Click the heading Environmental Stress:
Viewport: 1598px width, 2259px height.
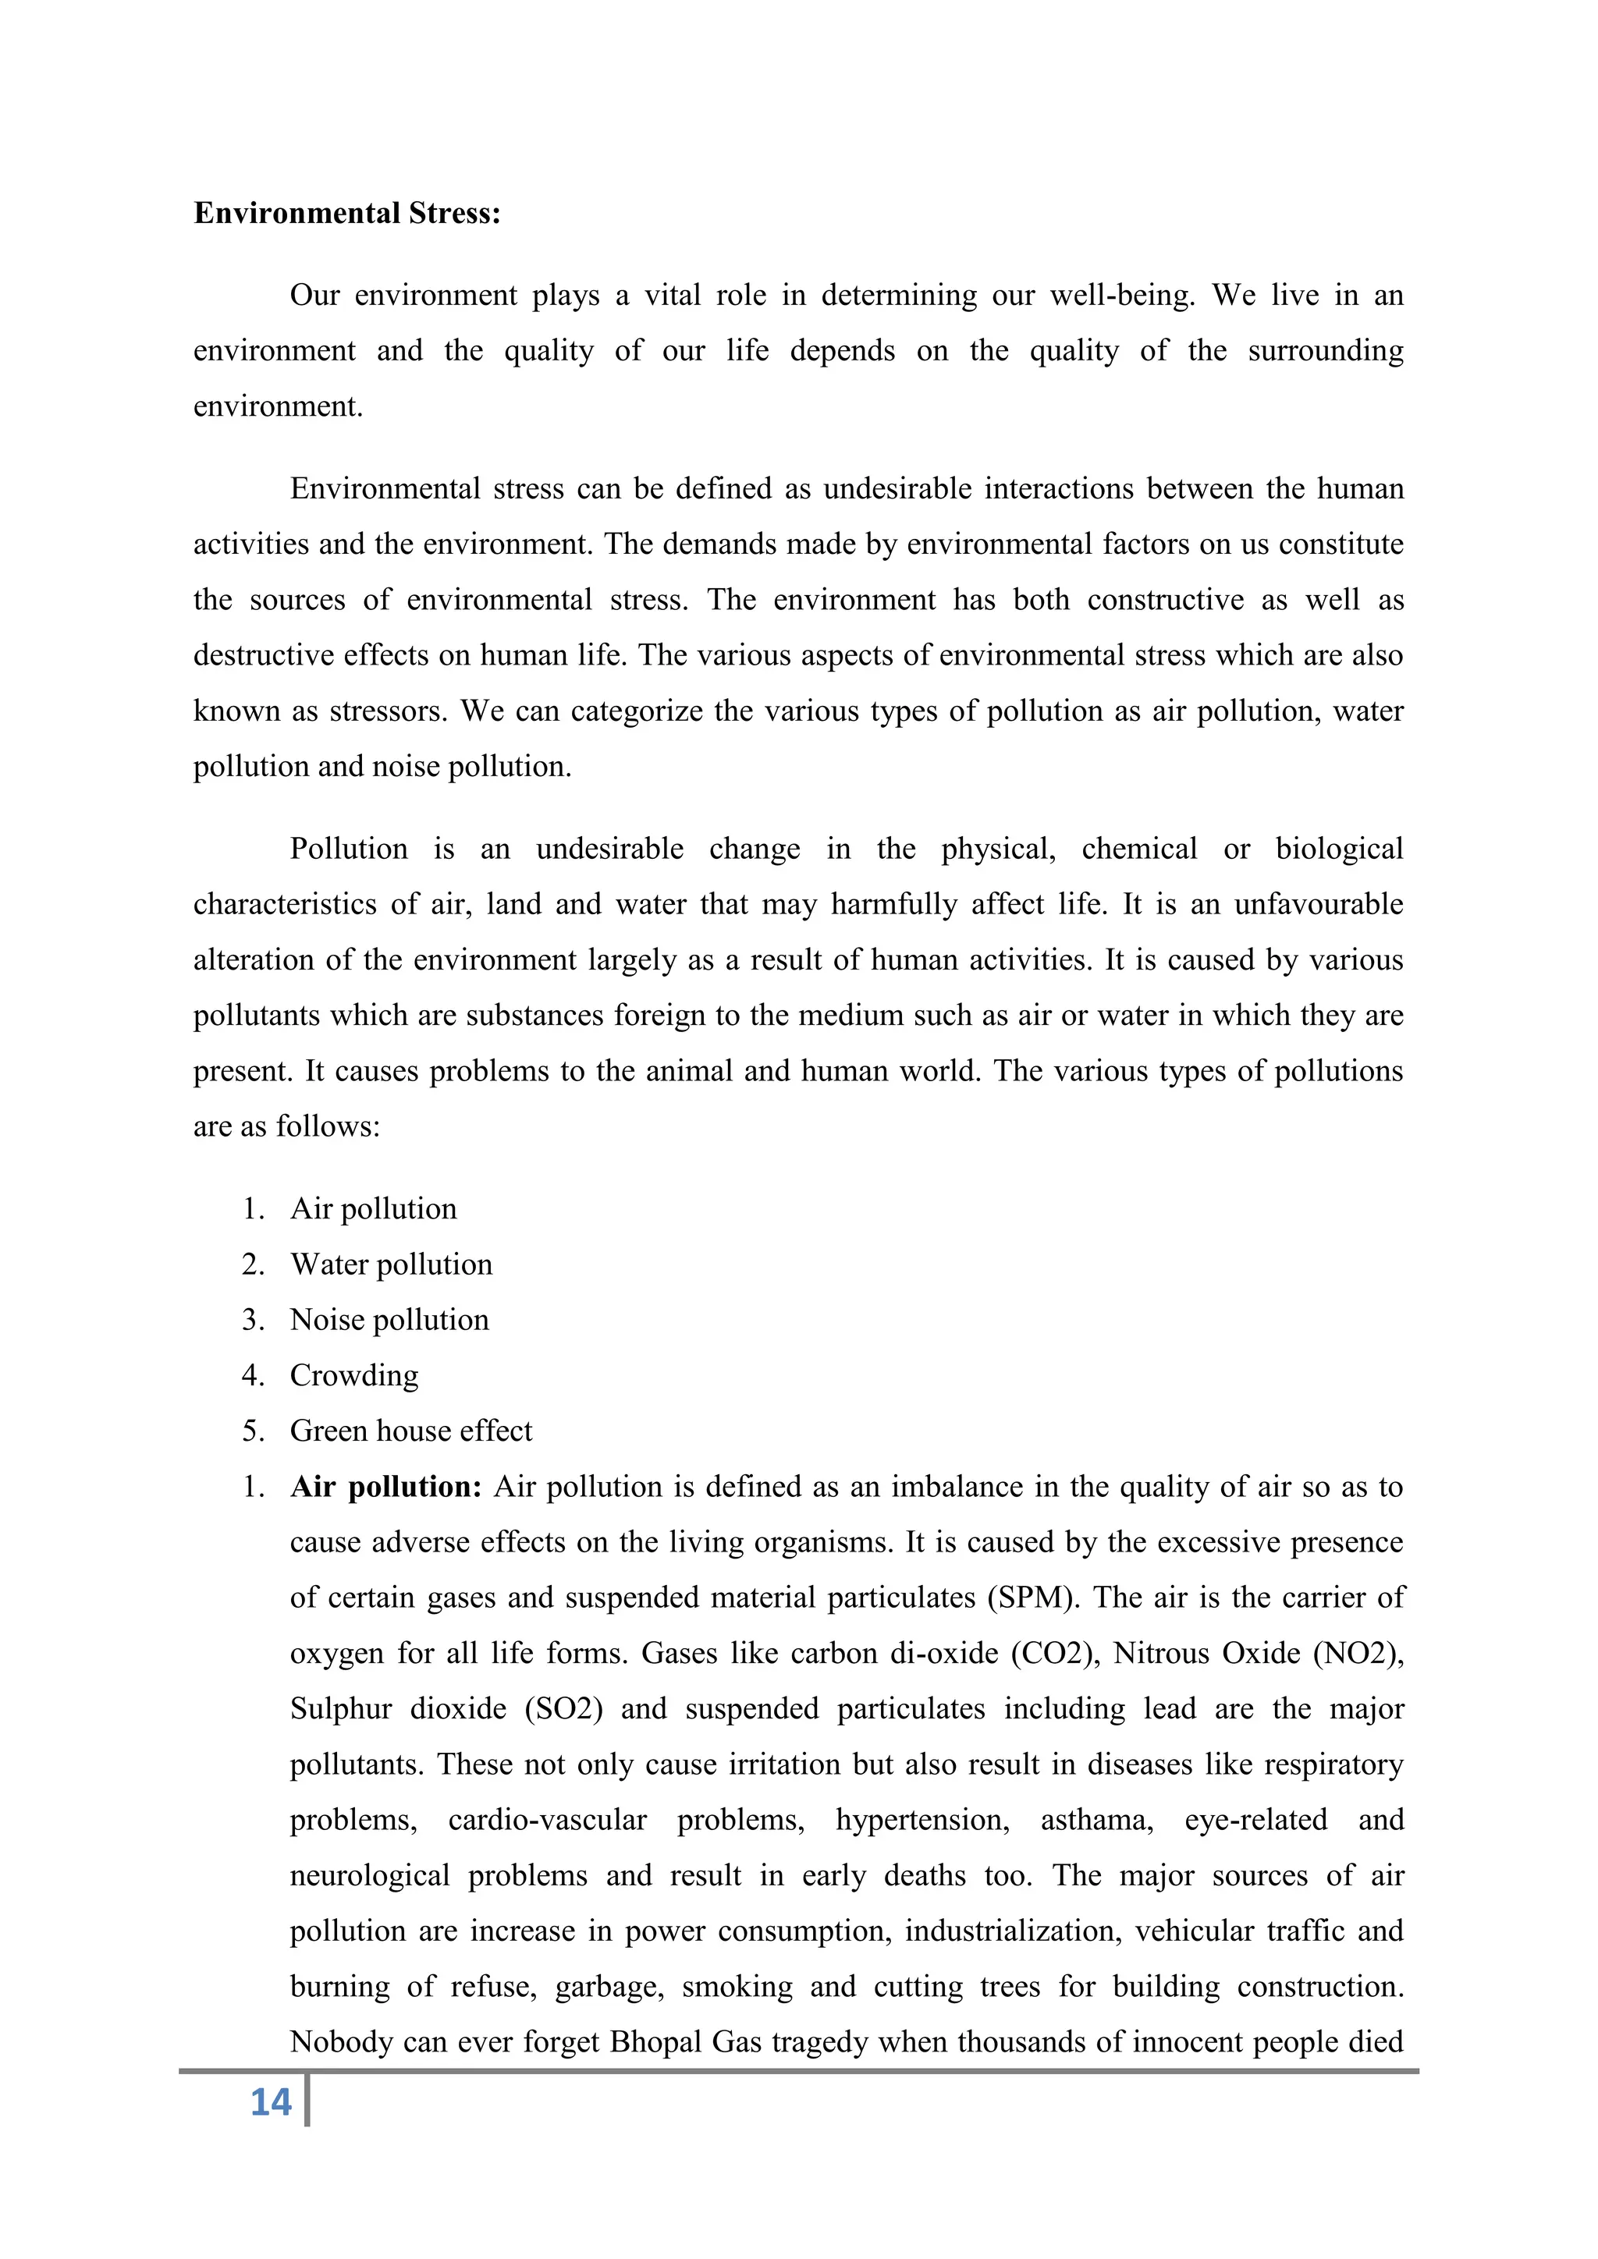point(346,214)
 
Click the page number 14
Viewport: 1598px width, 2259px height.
point(271,2102)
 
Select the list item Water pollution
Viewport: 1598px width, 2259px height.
point(391,1264)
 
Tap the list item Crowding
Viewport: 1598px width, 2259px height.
point(354,1375)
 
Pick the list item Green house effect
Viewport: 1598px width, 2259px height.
point(410,1431)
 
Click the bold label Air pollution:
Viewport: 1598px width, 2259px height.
point(385,1487)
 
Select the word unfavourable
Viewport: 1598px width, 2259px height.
point(1319,904)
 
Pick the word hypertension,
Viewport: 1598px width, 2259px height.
point(922,1820)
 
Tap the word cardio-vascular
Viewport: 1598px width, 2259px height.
point(547,1820)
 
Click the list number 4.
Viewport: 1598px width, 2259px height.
point(253,1375)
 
